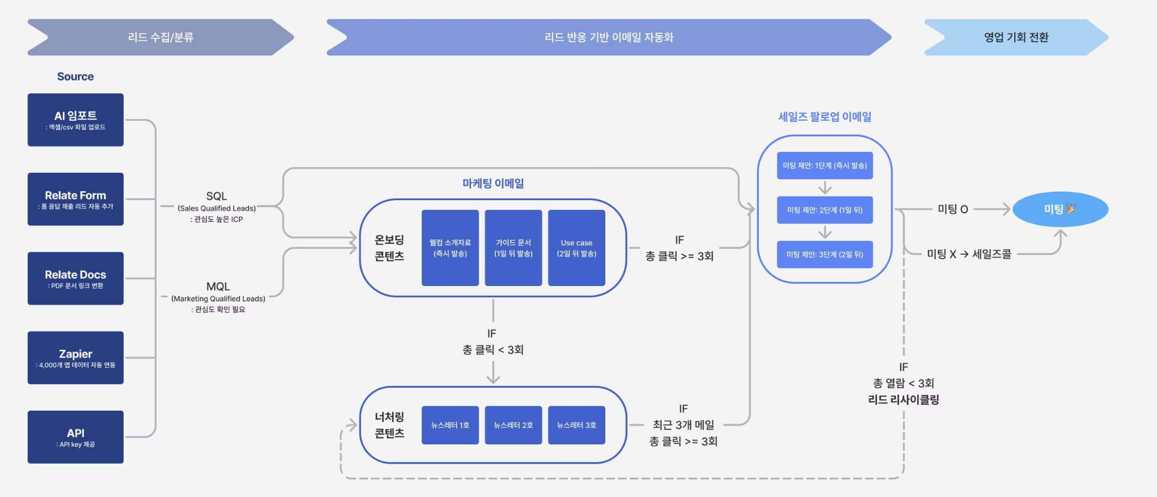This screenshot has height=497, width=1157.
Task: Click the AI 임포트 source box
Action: [75, 120]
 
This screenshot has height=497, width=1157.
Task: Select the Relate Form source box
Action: [75, 199]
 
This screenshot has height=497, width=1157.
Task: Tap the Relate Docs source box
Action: [75, 279]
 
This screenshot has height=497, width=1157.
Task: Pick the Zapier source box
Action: [75, 357]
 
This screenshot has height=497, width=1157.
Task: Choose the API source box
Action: [75, 437]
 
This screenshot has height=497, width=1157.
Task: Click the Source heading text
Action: [75, 77]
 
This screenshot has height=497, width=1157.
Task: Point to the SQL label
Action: [216, 196]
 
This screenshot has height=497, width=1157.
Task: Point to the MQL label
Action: [218, 287]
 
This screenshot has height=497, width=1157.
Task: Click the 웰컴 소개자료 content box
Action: [450, 248]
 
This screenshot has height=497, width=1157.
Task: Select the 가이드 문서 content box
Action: [513, 248]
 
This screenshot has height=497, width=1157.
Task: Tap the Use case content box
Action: [576, 248]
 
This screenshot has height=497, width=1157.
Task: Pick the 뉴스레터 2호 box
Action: [513, 425]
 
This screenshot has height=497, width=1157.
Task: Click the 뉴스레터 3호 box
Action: [576, 425]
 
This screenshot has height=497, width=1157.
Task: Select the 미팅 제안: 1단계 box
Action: [825, 165]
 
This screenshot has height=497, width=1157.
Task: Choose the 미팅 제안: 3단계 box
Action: [825, 254]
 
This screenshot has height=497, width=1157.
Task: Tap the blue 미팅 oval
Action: [1060, 209]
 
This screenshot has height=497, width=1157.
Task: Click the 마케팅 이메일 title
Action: [493, 184]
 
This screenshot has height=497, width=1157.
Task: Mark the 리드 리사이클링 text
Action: [903, 400]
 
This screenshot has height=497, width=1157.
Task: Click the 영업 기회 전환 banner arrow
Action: [1016, 38]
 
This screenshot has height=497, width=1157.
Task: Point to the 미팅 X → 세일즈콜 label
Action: [968, 254]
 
